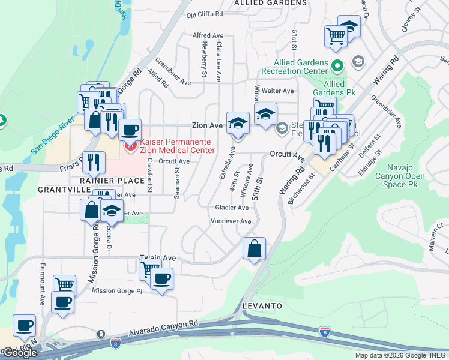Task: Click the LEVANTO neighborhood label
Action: pyautogui.click(x=262, y=306)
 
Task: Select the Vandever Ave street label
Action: pyautogui.click(x=230, y=221)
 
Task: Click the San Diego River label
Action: pyautogui.click(x=59, y=134)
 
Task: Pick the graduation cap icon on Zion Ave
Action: pyautogui.click(x=238, y=123)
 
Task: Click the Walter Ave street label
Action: pyautogui.click(x=281, y=91)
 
